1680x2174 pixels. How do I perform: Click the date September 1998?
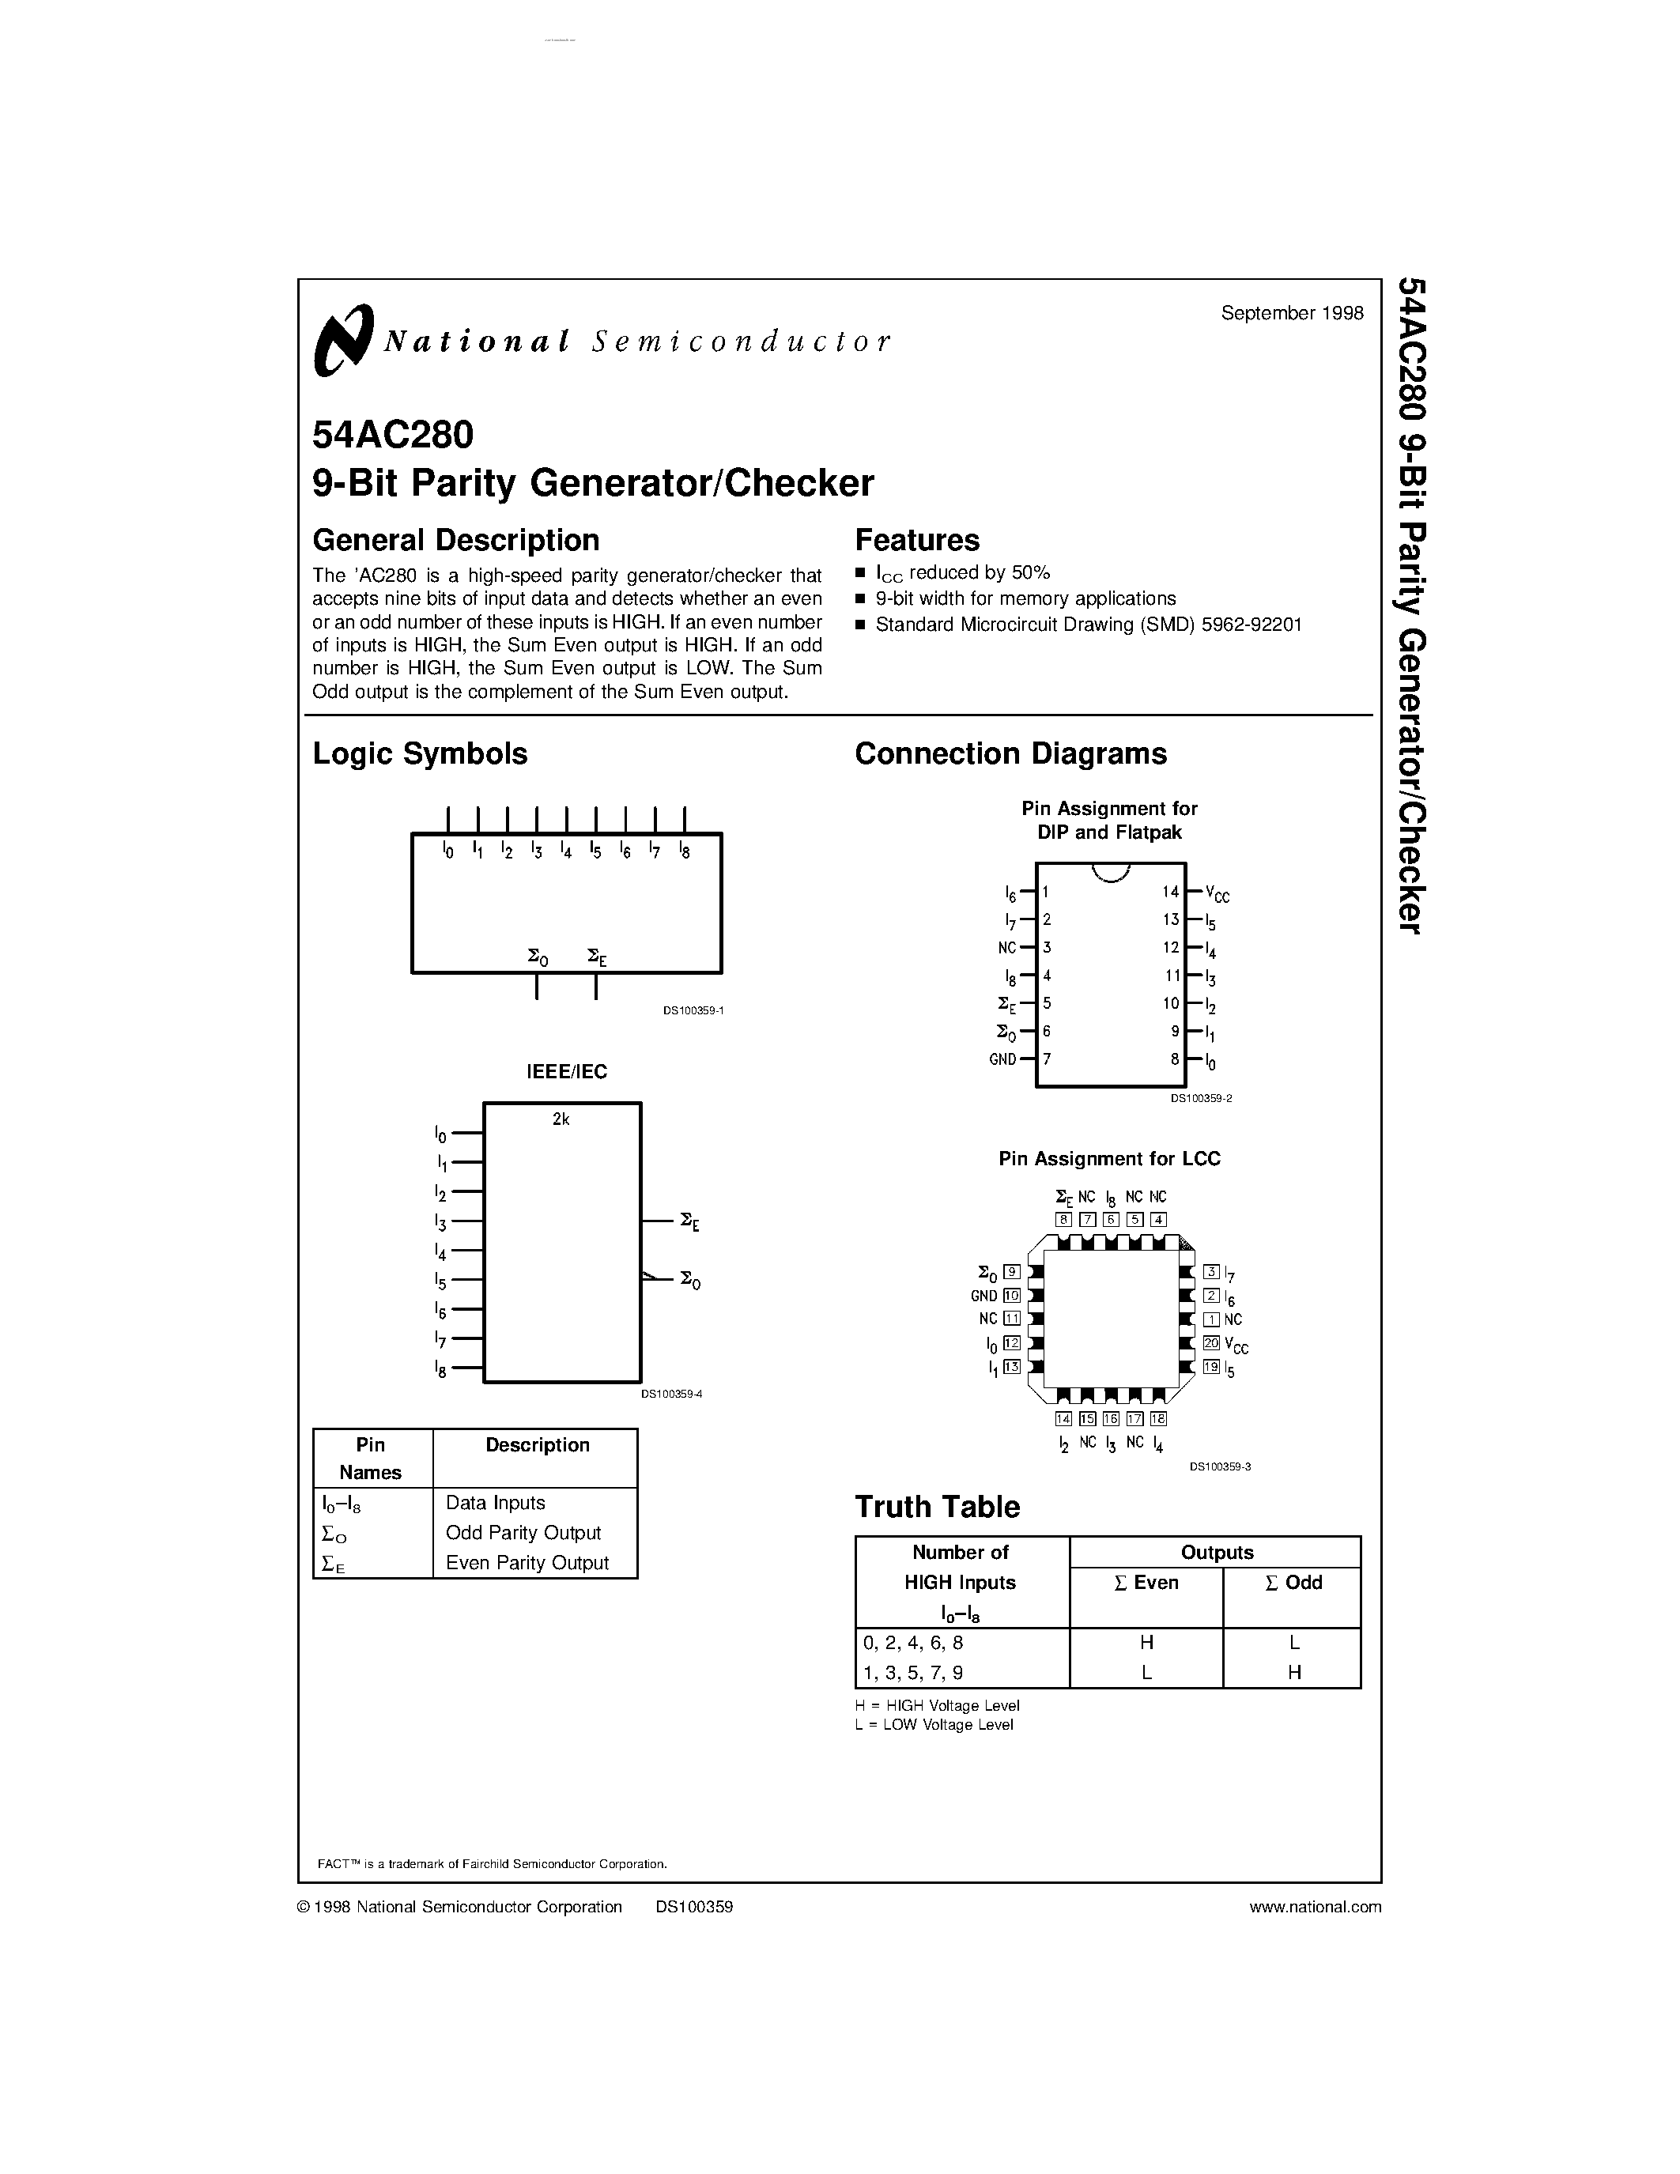pos(1292,312)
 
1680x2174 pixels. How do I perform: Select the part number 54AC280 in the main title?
pos(393,435)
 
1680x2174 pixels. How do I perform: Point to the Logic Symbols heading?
pos(420,753)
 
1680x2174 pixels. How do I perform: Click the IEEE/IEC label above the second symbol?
pos(566,1071)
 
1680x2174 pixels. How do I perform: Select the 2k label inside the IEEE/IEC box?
pos(561,1119)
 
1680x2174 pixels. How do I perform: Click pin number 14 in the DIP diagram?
pos(1170,892)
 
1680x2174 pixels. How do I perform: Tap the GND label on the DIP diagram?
pos(1002,1059)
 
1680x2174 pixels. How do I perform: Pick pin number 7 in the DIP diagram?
pos(1047,1059)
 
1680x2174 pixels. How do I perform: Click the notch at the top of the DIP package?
pos(1111,872)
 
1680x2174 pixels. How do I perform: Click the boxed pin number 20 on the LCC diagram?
pos(1211,1344)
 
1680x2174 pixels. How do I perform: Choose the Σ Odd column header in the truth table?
pos(1293,1583)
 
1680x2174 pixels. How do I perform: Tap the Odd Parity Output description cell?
pos(523,1533)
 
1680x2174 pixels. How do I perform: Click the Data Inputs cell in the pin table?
pos(496,1503)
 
